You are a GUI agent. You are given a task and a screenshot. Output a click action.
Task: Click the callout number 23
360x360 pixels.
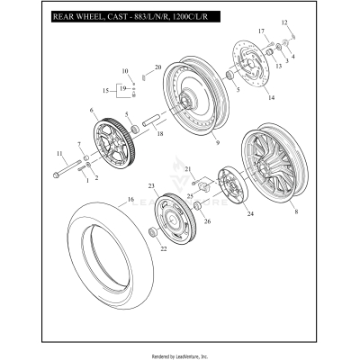point(151,185)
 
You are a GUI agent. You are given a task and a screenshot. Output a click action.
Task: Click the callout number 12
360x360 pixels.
point(284,22)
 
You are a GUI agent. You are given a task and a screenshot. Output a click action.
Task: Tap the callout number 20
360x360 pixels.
point(157,67)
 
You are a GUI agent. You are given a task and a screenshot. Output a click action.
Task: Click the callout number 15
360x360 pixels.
point(104,90)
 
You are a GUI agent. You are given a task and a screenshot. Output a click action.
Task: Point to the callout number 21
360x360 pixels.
point(187,168)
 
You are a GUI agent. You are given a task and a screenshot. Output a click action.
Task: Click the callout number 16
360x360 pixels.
point(130,199)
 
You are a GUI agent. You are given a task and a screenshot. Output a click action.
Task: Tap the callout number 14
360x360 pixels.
point(271,96)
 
